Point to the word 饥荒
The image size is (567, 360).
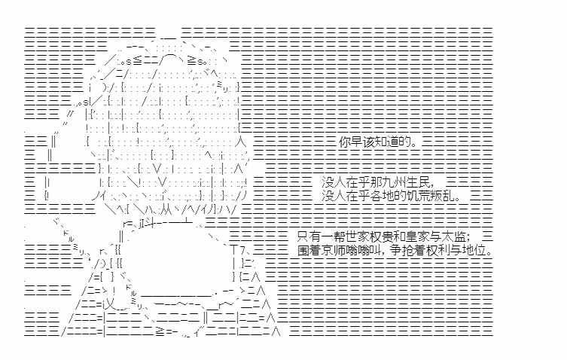click(410, 197)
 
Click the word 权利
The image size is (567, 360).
click(452, 249)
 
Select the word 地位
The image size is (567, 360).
click(481, 249)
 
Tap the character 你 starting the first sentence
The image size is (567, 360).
click(343, 141)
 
